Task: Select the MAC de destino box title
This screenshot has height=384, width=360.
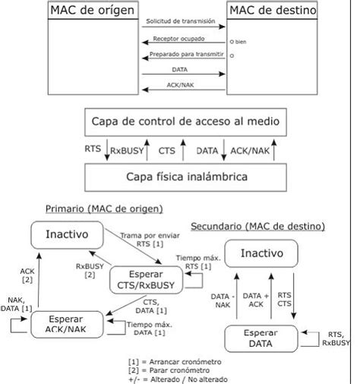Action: tap(273, 11)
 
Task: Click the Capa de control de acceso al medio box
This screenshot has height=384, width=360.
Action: tap(180, 122)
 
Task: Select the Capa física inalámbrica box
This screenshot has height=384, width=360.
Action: tap(180, 176)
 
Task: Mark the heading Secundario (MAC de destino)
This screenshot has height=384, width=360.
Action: tap(257, 226)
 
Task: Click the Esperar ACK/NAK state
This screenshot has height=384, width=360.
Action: tap(67, 325)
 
